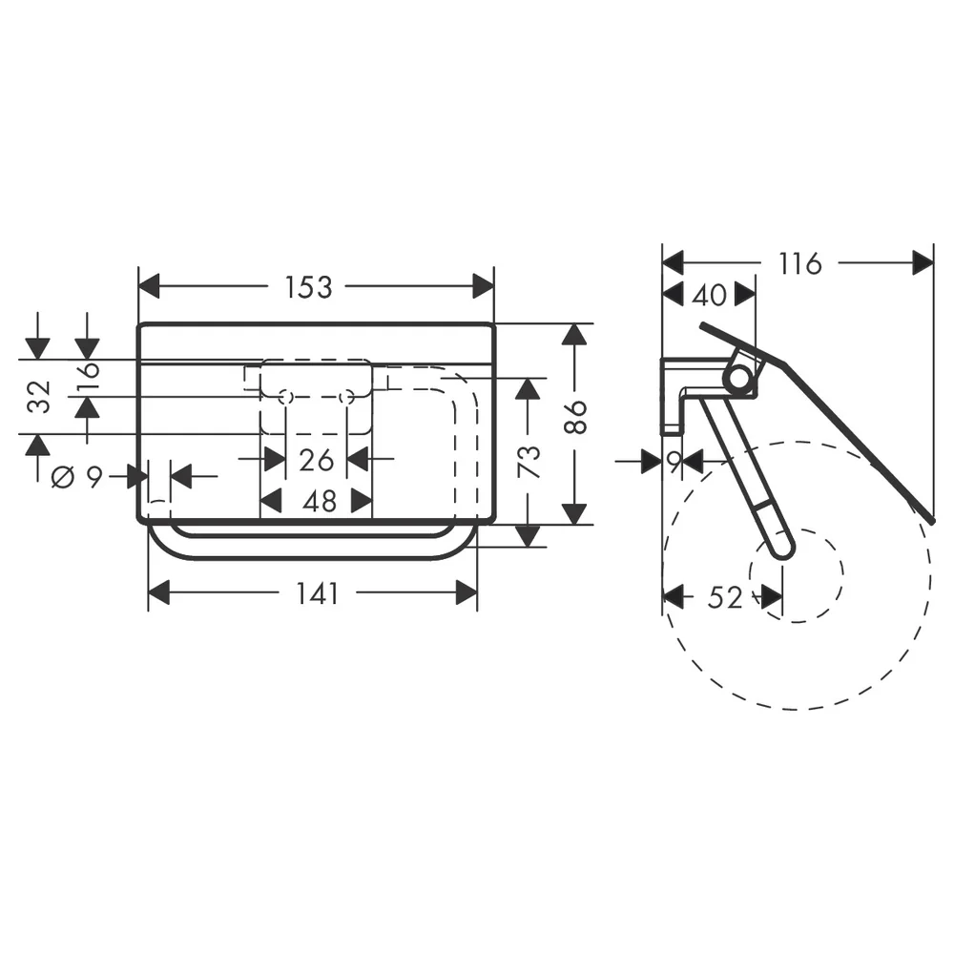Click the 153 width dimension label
(x=308, y=287)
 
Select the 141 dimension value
(x=317, y=593)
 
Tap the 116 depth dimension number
(x=800, y=263)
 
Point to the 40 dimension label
(x=710, y=295)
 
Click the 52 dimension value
(x=725, y=597)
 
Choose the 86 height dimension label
(x=575, y=417)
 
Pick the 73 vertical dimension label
(x=529, y=462)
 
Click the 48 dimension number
(x=320, y=501)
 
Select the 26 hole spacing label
(x=317, y=460)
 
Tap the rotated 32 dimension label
(x=39, y=397)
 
